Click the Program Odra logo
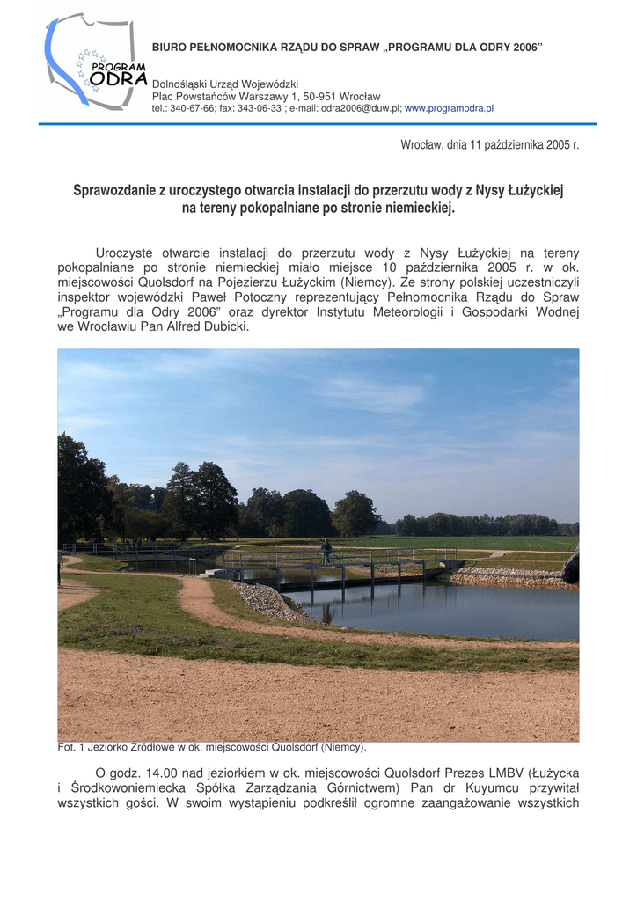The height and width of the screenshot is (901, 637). click(x=95, y=62)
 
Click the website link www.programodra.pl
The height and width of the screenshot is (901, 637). click(x=449, y=108)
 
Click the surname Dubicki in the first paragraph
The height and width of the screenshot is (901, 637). click(x=225, y=326)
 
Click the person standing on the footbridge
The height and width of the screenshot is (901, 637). click(x=326, y=552)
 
